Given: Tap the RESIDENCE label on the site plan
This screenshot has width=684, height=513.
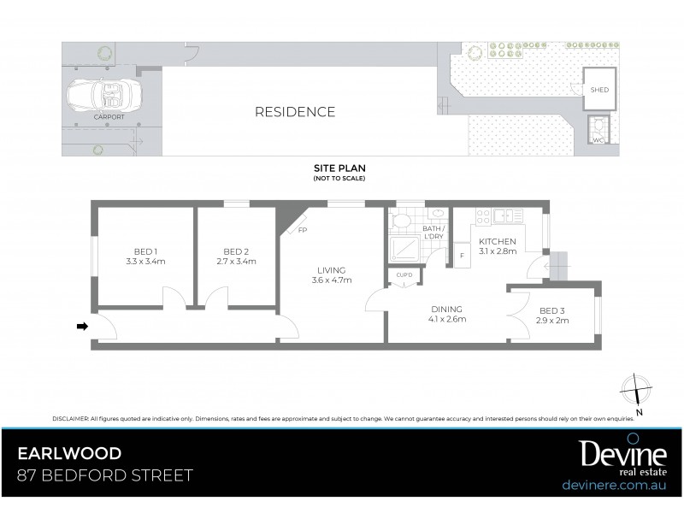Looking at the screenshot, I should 294,112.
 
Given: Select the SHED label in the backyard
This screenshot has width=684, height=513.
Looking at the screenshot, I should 599,89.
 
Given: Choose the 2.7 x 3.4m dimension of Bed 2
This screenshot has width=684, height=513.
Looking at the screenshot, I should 237,262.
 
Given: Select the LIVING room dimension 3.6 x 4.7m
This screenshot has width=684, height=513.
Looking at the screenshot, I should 331,280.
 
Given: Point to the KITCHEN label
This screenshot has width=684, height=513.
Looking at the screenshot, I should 497,241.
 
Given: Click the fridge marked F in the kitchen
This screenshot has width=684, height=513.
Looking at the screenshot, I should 461,256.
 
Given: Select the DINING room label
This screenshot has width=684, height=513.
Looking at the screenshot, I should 446,309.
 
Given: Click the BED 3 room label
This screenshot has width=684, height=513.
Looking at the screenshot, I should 552,310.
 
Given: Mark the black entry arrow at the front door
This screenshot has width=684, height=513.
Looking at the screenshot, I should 82,326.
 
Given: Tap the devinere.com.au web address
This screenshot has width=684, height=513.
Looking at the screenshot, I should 614,485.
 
